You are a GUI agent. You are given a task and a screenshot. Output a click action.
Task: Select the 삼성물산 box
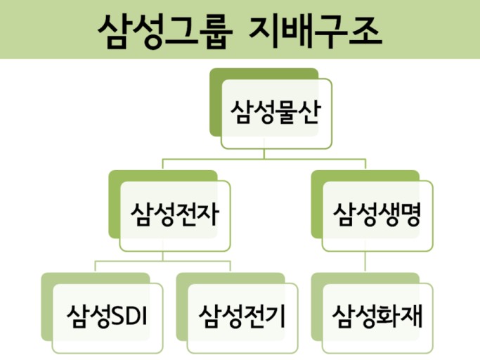pyautogui.click(x=276, y=113)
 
